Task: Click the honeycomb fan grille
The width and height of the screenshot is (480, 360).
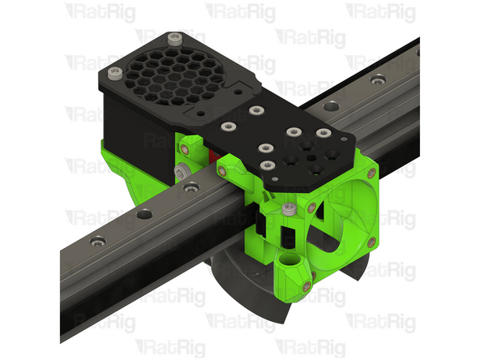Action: [x=175, y=76]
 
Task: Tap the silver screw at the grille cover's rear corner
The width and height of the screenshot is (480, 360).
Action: [x=175, y=39]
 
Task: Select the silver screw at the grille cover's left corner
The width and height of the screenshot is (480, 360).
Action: [x=115, y=74]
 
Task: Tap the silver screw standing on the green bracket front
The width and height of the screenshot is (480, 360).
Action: [x=289, y=208]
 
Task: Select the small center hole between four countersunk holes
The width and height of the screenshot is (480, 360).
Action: [x=311, y=158]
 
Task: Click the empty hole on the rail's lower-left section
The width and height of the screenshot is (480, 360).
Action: [x=144, y=214]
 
